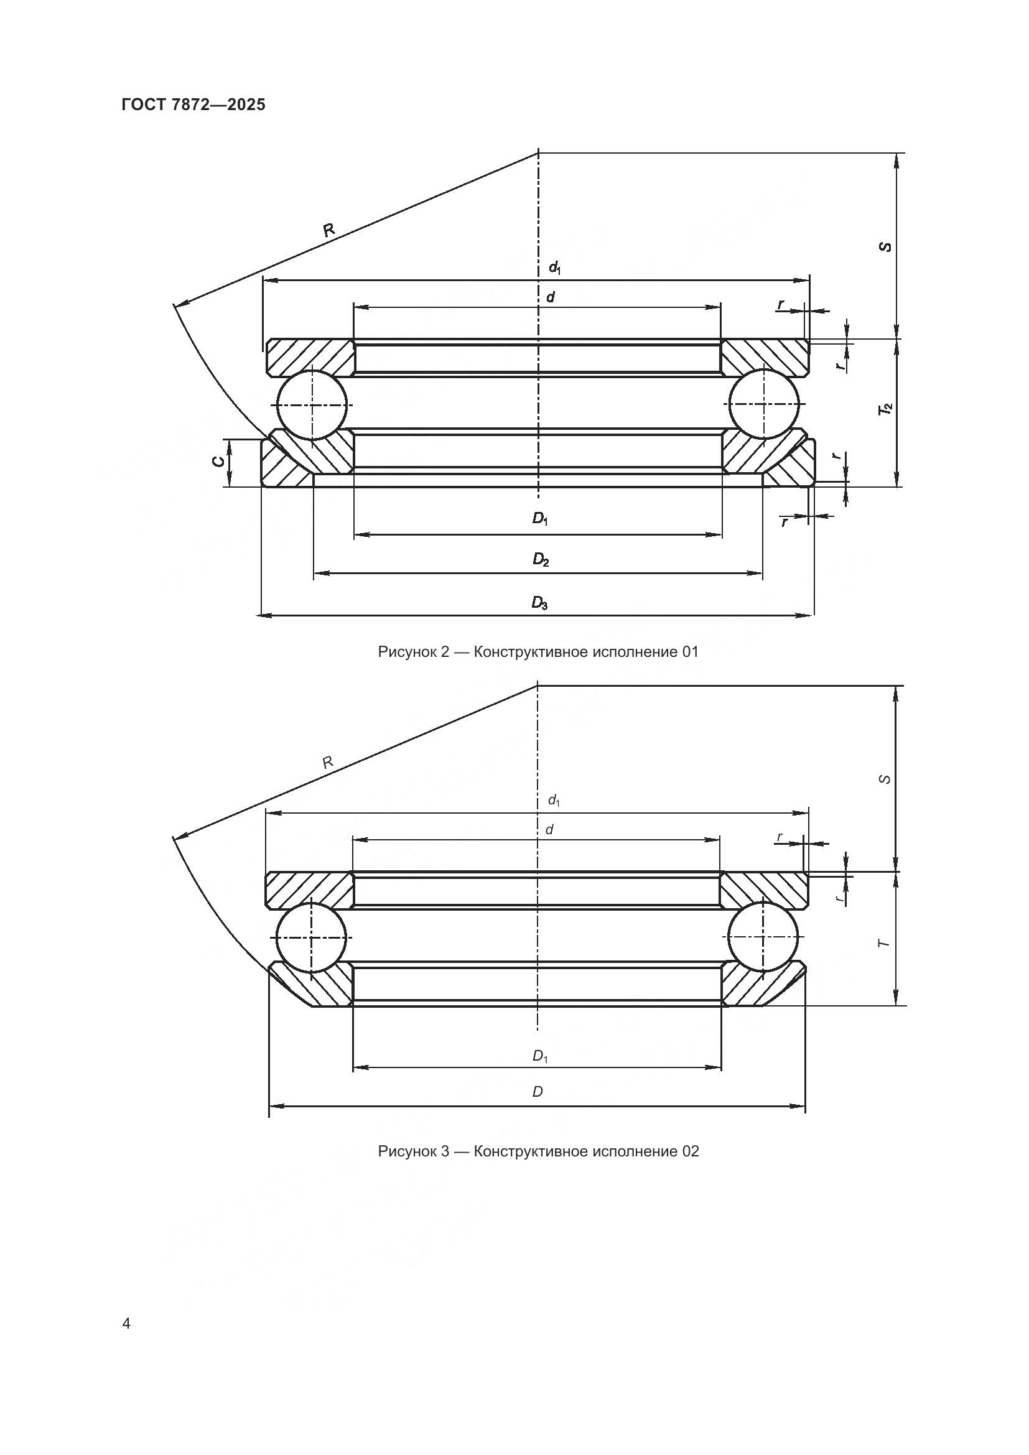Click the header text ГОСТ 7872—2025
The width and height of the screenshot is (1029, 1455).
193,105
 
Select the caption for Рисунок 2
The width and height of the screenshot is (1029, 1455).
538,651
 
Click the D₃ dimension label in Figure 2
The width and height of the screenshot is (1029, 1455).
539,602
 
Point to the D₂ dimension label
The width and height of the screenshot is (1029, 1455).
540,560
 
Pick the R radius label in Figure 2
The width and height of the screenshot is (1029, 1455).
329,230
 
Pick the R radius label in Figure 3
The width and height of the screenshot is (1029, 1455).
328,763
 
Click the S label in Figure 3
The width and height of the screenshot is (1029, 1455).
886,779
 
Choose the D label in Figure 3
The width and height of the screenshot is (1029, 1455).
538,1091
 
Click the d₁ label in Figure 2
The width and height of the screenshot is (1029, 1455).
554,268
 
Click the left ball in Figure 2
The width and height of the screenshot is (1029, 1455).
312,404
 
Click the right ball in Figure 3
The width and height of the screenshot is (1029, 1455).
763,936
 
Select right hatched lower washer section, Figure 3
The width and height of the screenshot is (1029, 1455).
754,985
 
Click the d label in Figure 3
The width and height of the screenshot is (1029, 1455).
549,829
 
